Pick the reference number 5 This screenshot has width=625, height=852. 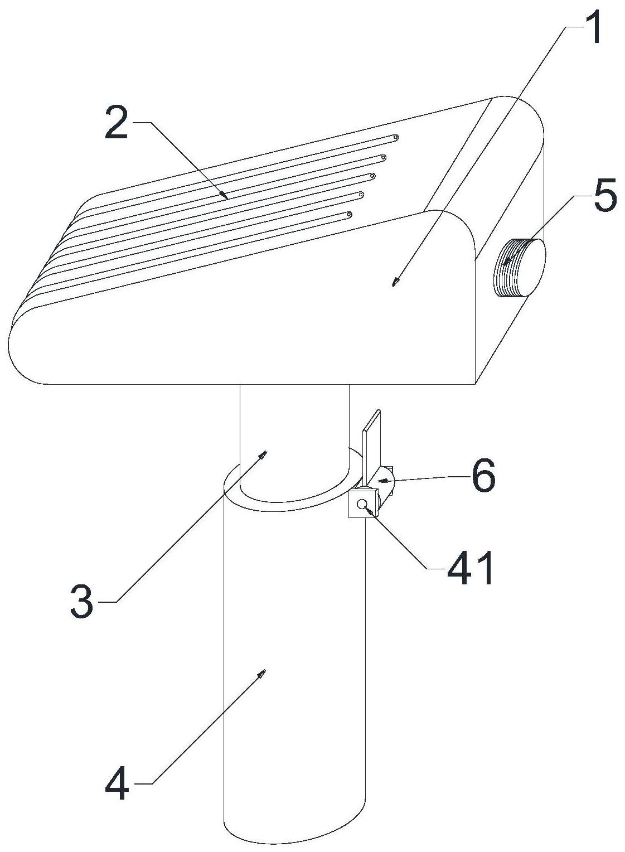coord(605,196)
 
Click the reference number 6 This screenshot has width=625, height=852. coord(483,477)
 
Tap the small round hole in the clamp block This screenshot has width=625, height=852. coord(362,504)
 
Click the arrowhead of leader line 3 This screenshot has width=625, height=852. coord(263,454)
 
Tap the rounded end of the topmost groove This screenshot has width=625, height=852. coord(395,137)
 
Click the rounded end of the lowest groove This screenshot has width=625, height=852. coord(349,215)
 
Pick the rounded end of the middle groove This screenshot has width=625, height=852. coord(372,176)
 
